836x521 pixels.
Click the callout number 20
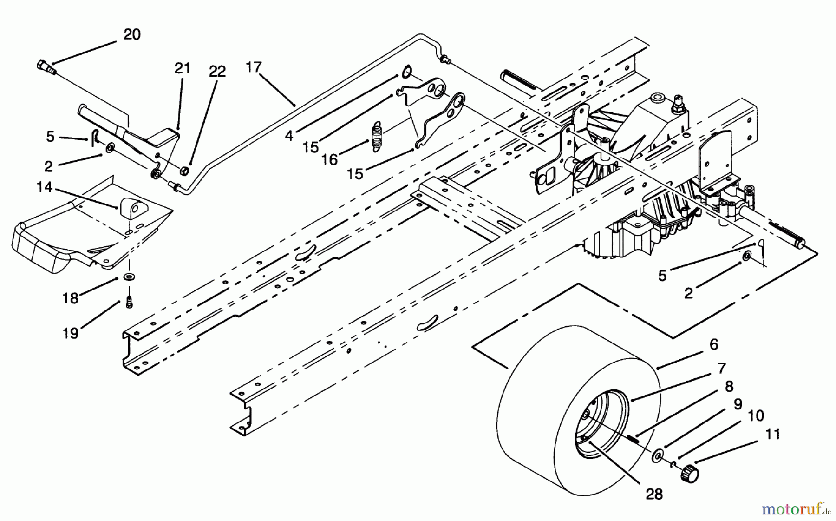(132, 34)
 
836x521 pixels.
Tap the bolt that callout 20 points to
(45, 67)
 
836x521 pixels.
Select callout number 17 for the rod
(254, 67)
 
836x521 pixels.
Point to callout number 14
(45, 187)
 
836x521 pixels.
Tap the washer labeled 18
(127, 277)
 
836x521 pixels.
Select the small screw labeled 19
(129, 303)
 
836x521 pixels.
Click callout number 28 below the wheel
(654, 495)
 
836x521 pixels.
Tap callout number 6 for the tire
(714, 344)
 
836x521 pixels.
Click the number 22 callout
(217, 71)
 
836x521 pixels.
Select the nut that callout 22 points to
(183, 171)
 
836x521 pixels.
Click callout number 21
(182, 68)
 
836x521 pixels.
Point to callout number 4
(289, 136)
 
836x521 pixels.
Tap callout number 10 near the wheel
(756, 415)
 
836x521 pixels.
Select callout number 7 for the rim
(721, 369)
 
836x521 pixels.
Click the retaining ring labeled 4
(406, 72)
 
